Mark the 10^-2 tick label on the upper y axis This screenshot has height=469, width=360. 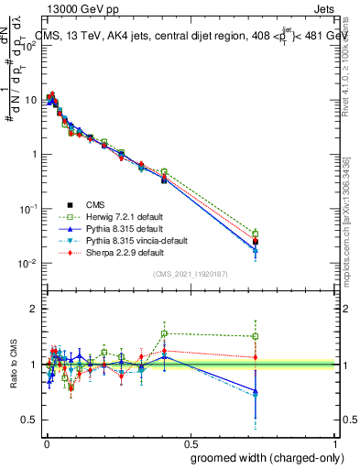[x=28, y=263]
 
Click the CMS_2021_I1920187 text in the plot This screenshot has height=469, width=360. [x=190, y=274]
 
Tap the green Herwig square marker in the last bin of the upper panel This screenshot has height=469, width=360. [x=256, y=234]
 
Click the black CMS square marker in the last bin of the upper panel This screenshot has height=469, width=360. [x=256, y=242]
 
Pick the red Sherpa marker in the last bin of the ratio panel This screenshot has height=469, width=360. [x=256, y=357]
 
